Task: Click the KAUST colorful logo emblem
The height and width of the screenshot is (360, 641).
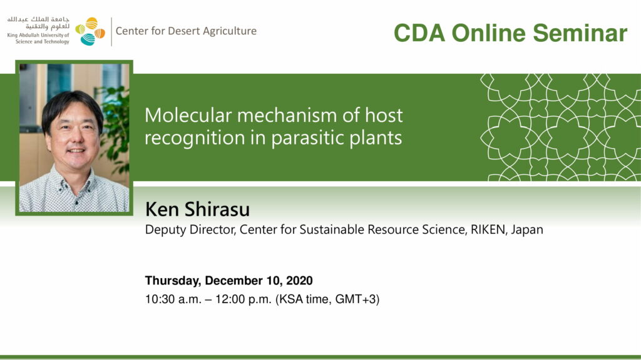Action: coord(90,31)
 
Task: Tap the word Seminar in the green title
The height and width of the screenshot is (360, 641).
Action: coord(580,33)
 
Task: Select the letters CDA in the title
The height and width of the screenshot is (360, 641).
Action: coord(419,33)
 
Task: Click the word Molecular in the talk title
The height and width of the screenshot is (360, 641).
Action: coord(188,116)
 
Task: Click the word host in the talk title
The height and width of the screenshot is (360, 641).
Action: coord(384,116)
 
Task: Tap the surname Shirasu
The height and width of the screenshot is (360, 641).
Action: coord(217,209)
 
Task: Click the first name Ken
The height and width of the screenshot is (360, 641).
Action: coord(162,209)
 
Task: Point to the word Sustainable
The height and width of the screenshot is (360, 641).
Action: coord(332,229)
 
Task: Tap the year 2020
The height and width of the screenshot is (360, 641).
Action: coord(299,281)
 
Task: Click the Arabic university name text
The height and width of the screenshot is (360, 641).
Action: coord(38,23)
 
